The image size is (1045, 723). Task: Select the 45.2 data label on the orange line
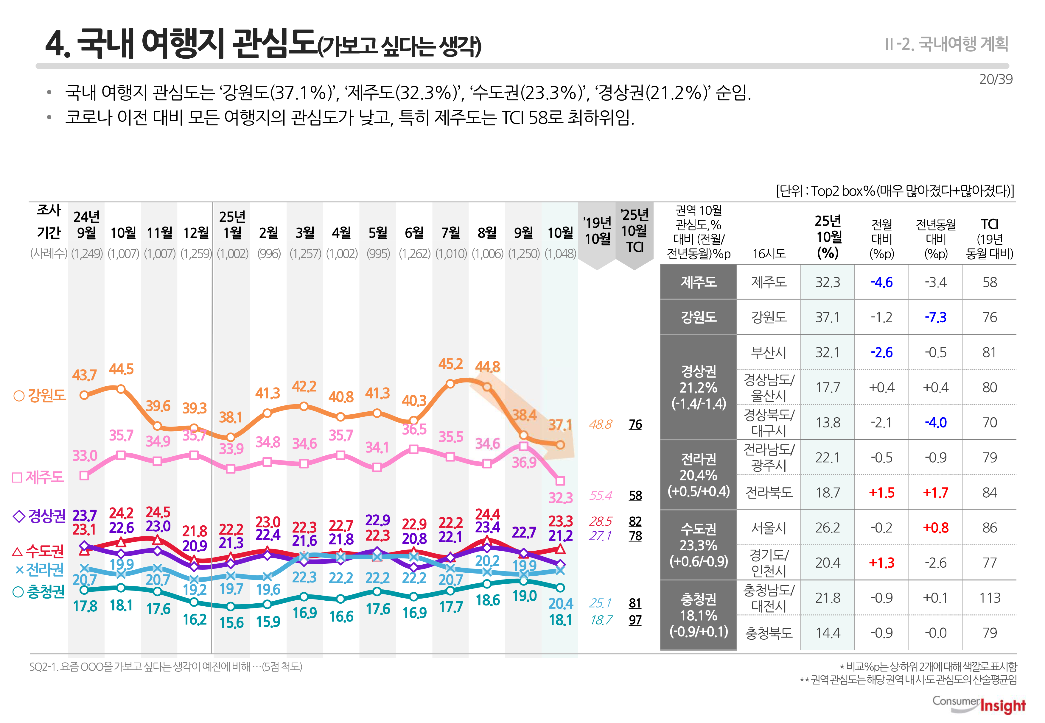click(450, 364)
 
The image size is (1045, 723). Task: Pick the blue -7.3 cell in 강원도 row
click(935, 317)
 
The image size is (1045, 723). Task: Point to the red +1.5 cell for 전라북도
click(881, 492)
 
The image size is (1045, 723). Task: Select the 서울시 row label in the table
click(769, 527)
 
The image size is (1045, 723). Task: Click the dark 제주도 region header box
click(698, 282)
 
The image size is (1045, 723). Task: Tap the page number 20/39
click(995, 79)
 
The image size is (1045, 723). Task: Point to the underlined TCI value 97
click(635, 620)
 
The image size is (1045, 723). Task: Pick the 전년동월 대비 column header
click(935, 238)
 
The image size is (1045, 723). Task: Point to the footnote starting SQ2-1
click(165, 666)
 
